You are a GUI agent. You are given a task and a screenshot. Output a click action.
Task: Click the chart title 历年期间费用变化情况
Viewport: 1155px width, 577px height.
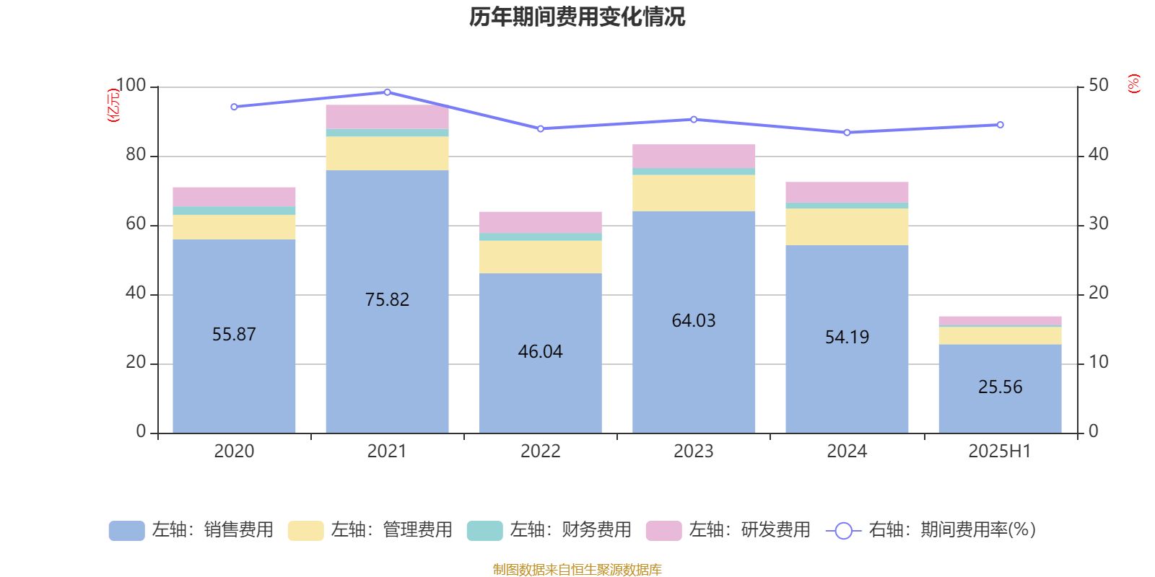point(577,17)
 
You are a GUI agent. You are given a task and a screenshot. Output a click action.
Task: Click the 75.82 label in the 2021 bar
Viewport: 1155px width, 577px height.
point(387,299)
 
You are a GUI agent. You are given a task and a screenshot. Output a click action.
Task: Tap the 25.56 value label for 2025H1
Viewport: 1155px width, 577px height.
point(1000,387)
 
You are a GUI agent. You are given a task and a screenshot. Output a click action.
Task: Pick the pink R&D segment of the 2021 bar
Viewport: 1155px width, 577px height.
point(387,117)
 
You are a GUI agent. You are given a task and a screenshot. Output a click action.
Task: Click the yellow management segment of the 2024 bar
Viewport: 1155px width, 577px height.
point(847,226)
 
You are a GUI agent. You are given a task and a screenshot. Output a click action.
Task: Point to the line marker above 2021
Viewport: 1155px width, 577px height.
point(387,92)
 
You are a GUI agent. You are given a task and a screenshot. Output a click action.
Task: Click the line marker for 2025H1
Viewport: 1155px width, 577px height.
point(1000,125)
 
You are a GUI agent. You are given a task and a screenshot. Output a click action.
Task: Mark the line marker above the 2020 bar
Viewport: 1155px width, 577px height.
point(234,107)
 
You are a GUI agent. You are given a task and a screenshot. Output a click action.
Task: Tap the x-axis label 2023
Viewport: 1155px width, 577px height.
point(693,452)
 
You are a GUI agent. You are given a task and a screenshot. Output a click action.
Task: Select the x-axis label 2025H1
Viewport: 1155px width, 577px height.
point(1000,452)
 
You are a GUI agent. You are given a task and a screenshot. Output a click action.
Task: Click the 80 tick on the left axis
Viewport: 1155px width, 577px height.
point(136,155)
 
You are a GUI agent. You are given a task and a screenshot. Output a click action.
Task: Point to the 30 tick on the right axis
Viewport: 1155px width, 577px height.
point(1098,224)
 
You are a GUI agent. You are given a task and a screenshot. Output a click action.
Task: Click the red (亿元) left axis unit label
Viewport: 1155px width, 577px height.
point(113,105)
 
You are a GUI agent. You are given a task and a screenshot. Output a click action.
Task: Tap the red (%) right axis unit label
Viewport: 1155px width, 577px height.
point(1133,84)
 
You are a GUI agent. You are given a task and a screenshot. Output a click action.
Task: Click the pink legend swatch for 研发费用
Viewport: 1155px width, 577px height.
point(663,531)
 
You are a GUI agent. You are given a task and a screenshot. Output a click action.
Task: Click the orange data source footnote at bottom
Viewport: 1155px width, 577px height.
point(577,570)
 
